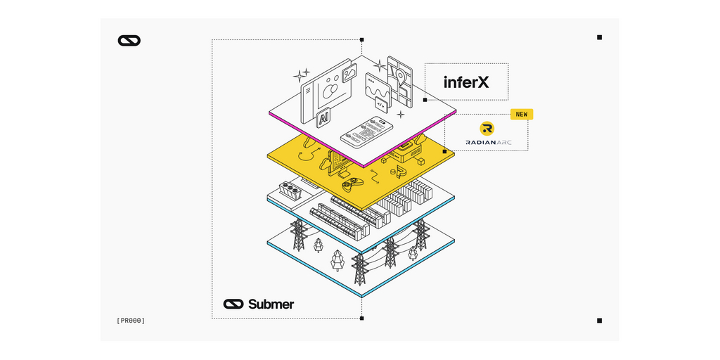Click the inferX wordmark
coord(466,82)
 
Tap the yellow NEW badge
coord(522,114)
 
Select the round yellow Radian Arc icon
coord(487,128)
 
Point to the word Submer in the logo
coord(271,304)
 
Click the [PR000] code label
coord(131,321)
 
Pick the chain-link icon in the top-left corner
coord(129,41)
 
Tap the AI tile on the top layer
coord(323,119)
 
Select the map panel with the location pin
coord(399,72)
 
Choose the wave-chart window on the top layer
coord(378,89)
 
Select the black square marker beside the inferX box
coord(425,100)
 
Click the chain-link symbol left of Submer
coord(233,304)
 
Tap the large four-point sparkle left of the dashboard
coord(300,75)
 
